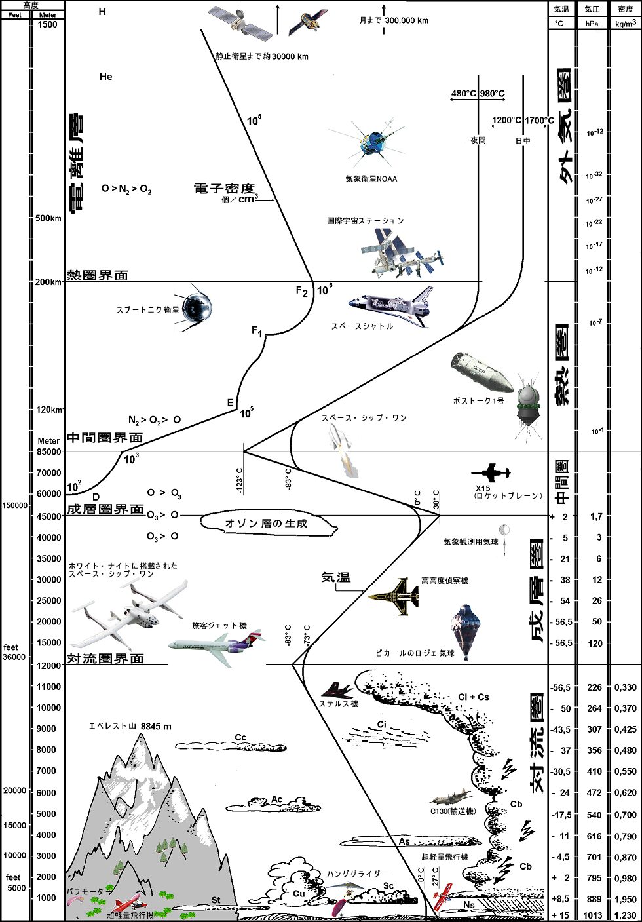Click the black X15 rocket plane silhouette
[x=491, y=472]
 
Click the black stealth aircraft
[x=337, y=691]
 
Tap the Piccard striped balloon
[x=465, y=630]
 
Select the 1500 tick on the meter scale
[x=48, y=25]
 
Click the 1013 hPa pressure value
[x=592, y=915]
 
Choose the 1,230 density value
[x=626, y=915]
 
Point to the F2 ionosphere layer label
[x=301, y=292]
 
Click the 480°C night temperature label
[x=463, y=94]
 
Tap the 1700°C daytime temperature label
[x=539, y=120]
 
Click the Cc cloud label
[x=240, y=738]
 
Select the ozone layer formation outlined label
[x=266, y=523]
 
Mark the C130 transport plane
[x=451, y=797]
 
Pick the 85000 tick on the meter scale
[x=48, y=451]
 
